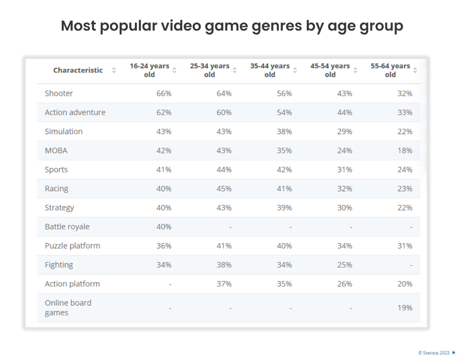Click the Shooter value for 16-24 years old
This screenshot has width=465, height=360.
164,94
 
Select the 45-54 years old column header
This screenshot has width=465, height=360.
330,70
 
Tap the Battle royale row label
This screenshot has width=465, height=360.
67,227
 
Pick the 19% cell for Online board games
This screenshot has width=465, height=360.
405,308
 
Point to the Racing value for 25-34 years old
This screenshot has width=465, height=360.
224,189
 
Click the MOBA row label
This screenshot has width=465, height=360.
56,151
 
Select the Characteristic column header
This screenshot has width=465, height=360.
78,70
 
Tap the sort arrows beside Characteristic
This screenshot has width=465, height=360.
114,70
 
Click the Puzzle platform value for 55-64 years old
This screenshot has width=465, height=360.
405,246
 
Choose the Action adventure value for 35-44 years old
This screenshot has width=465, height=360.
284,112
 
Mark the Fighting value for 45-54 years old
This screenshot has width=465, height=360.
344,265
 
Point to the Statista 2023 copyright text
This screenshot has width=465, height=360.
434,353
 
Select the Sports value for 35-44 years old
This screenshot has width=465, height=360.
284,170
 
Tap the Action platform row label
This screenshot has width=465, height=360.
72,284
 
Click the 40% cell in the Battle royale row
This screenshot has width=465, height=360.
164,227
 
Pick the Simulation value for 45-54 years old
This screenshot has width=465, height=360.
344,131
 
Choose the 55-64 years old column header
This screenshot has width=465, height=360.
390,70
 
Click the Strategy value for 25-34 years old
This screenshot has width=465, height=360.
224,207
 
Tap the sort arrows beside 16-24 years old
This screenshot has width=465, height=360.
174,70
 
